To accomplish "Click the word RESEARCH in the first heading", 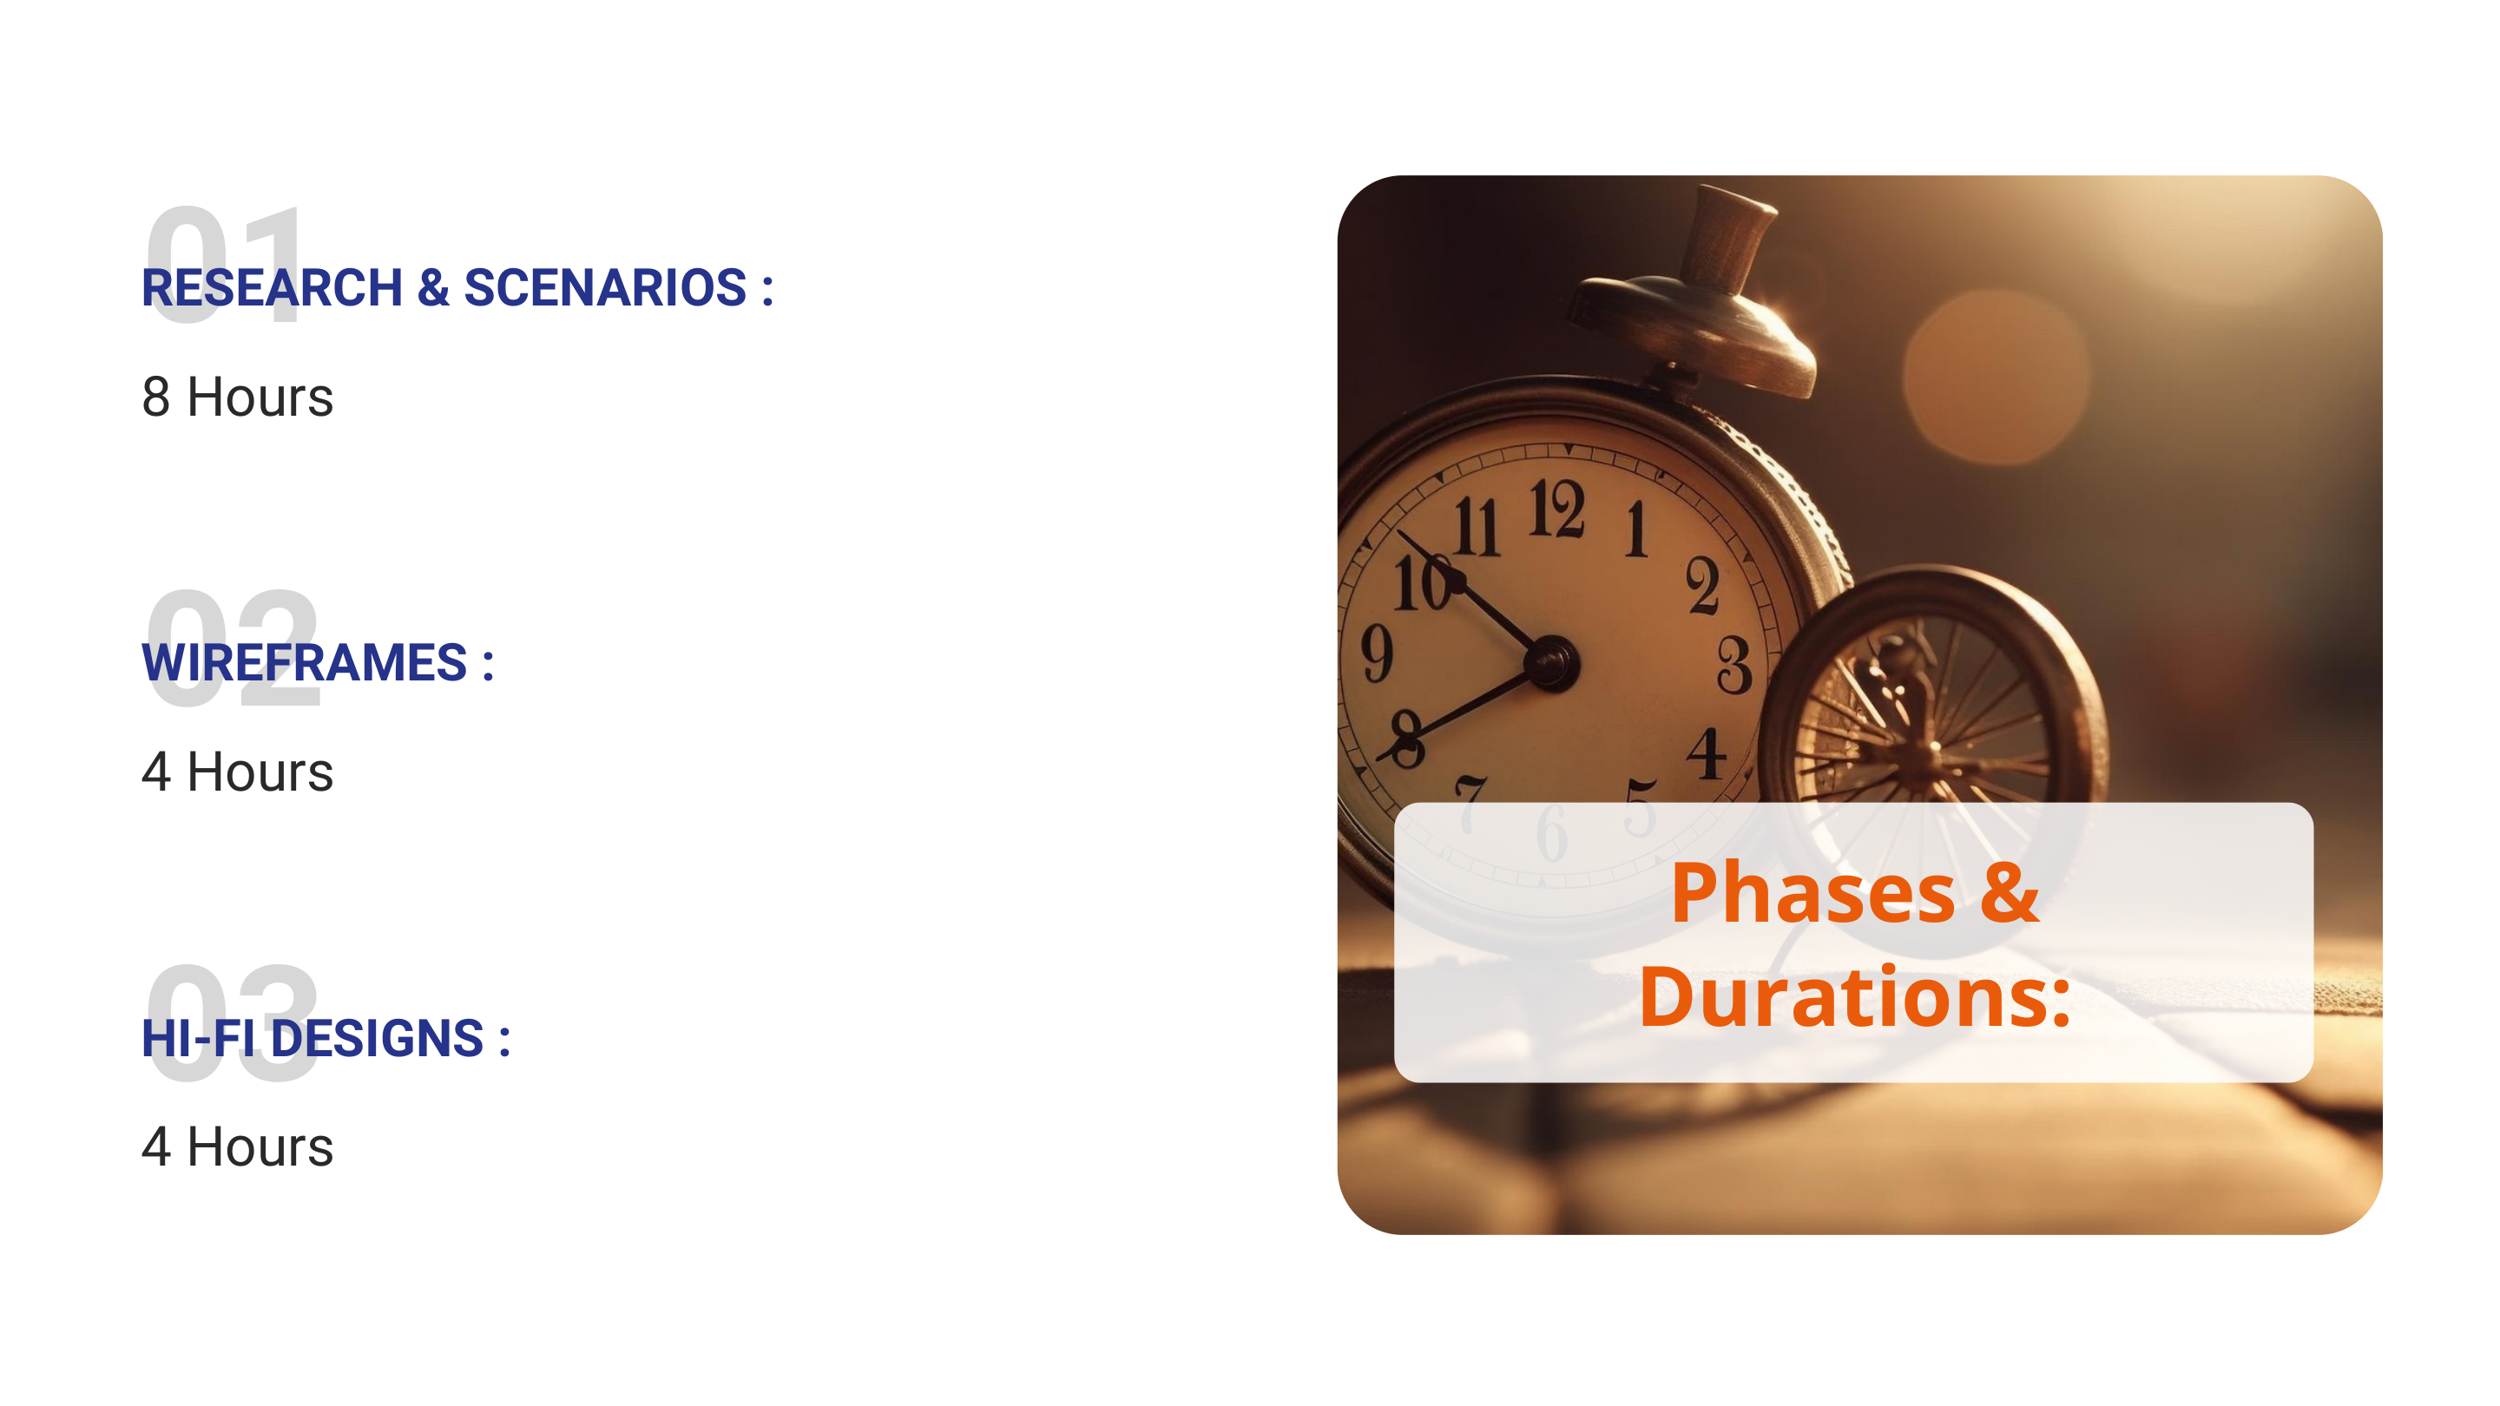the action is coord(273,287).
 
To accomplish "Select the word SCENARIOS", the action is coord(606,287).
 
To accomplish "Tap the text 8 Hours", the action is coord(238,397).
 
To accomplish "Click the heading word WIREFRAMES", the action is coord(305,663).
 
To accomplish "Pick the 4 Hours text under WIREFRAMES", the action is coord(238,772).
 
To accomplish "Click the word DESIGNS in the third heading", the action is coord(377,1038).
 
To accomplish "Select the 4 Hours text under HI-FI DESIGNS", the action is coord(238,1148).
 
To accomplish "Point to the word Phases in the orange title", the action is coord(1812,895).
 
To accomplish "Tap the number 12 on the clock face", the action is coord(1556,509).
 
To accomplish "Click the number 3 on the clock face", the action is coord(1734,666).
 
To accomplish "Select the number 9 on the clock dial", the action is coord(1376,652).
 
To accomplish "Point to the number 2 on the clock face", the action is coord(1702,585).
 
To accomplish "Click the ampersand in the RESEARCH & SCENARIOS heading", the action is coord(433,287).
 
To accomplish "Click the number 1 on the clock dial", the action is coord(1637,528).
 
